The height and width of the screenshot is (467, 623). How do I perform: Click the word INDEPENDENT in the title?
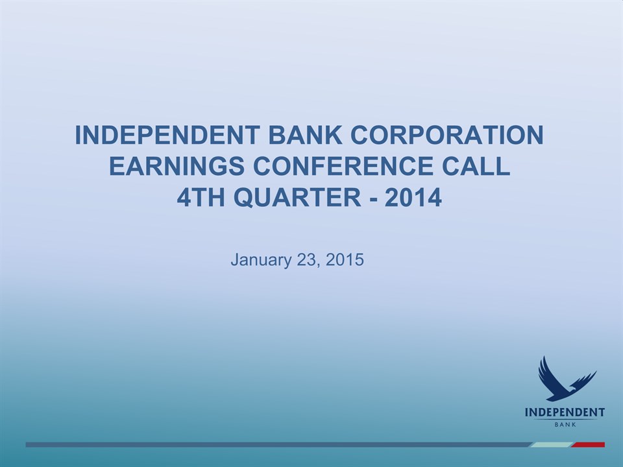[167, 135]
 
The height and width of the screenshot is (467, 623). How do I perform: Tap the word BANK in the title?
[305, 135]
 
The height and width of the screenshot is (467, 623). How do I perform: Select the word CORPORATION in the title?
[446, 135]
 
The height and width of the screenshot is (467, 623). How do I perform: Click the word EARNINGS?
[177, 166]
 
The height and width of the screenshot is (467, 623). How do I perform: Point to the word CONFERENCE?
[343, 166]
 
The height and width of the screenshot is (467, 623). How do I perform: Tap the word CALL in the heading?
[476, 166]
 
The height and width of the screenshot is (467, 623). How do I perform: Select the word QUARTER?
[297, 197]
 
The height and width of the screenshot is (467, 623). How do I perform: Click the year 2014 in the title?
[413, 197]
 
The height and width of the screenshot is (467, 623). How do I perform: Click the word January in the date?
[261, 260]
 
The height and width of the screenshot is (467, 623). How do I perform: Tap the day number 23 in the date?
[307, 259]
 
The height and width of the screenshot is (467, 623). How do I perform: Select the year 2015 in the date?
[345, 259]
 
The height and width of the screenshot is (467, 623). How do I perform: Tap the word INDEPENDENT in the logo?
[565, 413]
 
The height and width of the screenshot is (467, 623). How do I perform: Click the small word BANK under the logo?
[565, 424]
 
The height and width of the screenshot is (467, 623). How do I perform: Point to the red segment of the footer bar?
[589, 445]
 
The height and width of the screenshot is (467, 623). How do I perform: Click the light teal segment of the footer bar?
[551, 445]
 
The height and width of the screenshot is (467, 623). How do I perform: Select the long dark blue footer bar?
[278, 445]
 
